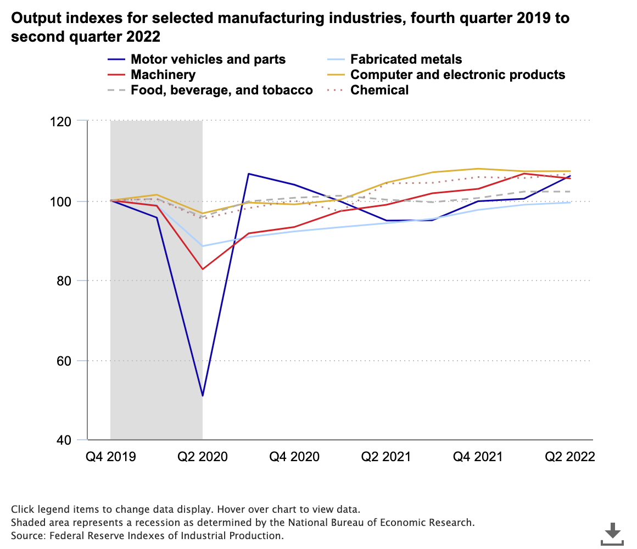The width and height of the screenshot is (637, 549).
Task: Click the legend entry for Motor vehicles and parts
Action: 208,59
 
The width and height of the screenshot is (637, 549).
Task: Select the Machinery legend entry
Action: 163,75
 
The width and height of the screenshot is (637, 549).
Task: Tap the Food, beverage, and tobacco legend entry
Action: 221,90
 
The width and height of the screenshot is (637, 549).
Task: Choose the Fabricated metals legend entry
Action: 406,59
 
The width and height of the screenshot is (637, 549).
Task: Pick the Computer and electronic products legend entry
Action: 457,75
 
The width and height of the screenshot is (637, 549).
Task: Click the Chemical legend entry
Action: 379,90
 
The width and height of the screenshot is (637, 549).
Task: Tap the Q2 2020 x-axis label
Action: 203,457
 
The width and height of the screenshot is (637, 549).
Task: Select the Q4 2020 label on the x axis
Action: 294,457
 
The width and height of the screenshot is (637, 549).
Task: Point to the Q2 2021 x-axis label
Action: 386,457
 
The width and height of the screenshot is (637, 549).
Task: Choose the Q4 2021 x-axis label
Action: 478,457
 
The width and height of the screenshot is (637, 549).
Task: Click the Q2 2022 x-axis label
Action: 569,457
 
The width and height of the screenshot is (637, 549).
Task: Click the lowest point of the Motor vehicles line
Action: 203,396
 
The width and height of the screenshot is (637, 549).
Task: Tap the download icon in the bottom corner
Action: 612,533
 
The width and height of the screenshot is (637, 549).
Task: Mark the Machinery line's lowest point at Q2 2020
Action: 203,269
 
